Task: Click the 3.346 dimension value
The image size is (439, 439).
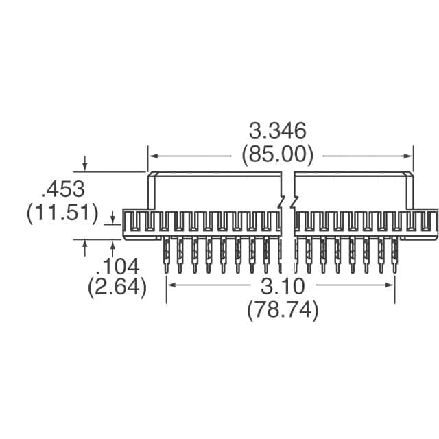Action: pyautogui.click(x=277, y=131)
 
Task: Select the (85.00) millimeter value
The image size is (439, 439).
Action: pyautogui.click(x=277, y=155)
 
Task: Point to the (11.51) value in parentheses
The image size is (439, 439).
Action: pyautogui.click(x=62, y=213)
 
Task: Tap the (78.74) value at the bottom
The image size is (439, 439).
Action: pyautogui.click(x=282, y=310)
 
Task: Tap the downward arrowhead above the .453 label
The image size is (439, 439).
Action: pyautogui.click(x=85, y=167)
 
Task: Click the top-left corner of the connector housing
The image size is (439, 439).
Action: pyautogui.click(x=150, y=173)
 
